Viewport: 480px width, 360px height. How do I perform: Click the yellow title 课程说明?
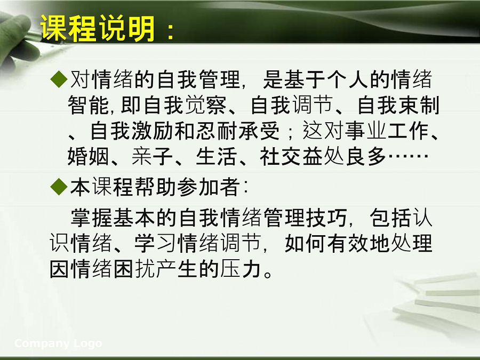[98, 28]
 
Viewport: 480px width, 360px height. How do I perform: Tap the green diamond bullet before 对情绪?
[59, 79]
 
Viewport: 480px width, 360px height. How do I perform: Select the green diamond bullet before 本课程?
[59, 187]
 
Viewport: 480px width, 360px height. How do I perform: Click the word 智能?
[89, 105]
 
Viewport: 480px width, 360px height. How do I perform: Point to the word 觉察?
[206, 105]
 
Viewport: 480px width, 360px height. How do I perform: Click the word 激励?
[153, 131]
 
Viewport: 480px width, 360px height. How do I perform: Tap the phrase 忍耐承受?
[238, 131]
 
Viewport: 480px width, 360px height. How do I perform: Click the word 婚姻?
[89, 156]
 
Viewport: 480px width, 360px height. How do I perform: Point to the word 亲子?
[153, 156]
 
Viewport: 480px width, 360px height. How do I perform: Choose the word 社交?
[281, 156]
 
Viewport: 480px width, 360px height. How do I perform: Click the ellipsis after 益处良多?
[408, 156]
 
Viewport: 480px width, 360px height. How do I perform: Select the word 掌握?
[92, 218]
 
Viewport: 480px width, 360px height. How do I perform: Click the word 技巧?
[326, 218]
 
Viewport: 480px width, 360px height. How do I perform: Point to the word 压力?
[241, 269]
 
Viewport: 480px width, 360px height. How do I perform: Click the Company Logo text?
[58, 343]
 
